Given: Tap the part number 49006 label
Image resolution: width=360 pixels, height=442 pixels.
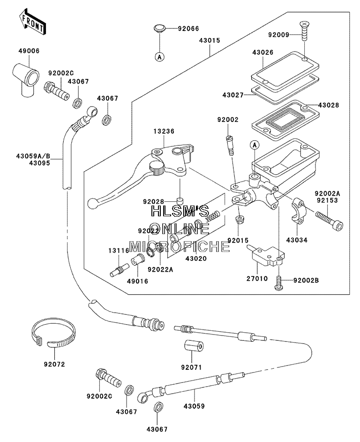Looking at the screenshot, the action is click(x=29, y=51).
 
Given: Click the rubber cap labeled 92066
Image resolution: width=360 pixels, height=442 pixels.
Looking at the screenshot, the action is click(x=160, y=29).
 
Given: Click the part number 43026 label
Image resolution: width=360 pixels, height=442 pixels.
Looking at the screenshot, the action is click(x=262, y=53).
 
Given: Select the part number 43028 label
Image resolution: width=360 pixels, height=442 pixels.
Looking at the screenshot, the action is click(x=329, y=105).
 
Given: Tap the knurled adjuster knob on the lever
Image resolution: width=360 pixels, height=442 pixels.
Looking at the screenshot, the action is click(x=157, y=168).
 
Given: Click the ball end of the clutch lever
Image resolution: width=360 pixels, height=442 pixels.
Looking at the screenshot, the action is click(x=92, y=204).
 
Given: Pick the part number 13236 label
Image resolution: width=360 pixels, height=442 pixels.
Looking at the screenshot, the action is click(x=164, y=131).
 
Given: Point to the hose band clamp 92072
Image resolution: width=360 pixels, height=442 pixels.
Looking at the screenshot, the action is click(x=53, y=333).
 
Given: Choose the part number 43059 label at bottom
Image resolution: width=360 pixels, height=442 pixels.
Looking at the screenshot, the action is click(x=194, y=406).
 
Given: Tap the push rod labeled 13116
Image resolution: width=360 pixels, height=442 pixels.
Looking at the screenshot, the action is click(x=120, y=270).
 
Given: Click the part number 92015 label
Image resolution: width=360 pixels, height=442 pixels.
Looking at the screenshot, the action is click(x=238, y=240).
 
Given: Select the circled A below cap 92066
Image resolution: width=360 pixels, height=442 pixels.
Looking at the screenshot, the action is click(x=159, y=57).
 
